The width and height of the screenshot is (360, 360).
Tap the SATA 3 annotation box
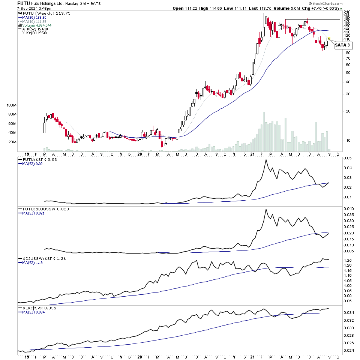point(343,45)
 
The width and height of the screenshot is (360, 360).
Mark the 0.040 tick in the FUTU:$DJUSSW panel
point(349,209)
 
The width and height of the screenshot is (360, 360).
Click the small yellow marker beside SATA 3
point(329,39)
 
